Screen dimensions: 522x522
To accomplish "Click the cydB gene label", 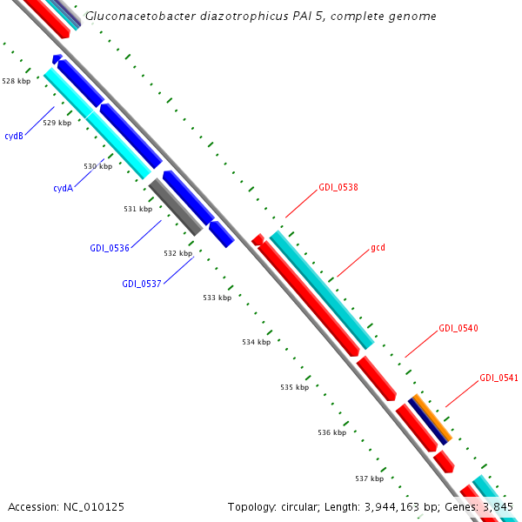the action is pos(13,136).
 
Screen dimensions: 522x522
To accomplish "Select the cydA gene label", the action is pos(63,188).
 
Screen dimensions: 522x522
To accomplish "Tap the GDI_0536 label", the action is pos(109,248).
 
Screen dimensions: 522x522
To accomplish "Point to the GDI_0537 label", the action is pos(141,283).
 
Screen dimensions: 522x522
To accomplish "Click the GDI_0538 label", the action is pos(338,187).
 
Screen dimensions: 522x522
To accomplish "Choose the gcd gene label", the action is pos(378,247).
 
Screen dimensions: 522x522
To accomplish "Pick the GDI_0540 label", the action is pos(458,328).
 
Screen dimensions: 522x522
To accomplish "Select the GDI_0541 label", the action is pos(499,378).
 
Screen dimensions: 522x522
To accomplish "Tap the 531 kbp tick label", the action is pos(137,209).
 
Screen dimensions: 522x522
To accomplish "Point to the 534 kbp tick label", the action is pos(256,342).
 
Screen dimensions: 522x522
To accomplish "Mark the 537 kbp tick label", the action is pos(370,478).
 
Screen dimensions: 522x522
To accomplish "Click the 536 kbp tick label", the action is pos(331,432).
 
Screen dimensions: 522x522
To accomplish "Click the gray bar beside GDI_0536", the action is pos(176,206).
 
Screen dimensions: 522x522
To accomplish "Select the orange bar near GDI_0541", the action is pos(432,416).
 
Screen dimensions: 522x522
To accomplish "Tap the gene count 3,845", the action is pos(496,506).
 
